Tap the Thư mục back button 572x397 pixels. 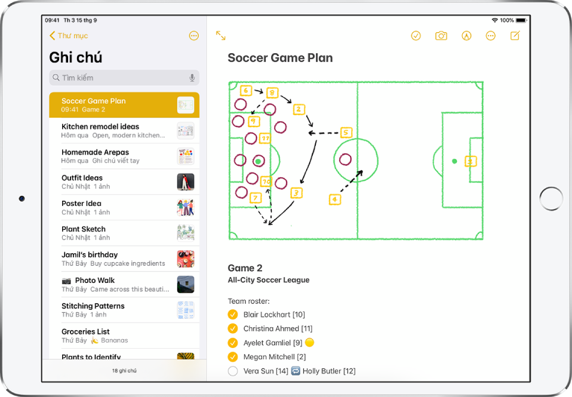coord(69,36)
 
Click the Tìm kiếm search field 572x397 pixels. coord(119,78)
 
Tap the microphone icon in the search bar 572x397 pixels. coord(192,78)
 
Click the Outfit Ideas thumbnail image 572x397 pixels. coord(185,182)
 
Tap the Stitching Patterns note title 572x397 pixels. coord(93,306)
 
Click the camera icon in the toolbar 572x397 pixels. coord(441,36)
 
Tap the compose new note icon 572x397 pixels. coord(515,36)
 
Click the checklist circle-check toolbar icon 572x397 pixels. coord(416,36)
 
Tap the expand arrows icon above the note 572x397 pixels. coord(221,36)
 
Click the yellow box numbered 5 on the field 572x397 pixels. coord(346,133)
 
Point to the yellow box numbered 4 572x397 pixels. coord(335,199)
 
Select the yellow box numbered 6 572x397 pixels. coord(245,91)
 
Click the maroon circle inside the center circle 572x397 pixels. coord(345,159)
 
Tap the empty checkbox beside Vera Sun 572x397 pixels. coord(233,371)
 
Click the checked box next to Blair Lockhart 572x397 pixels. coord(233,315)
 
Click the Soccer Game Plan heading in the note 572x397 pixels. coord(280,58)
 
